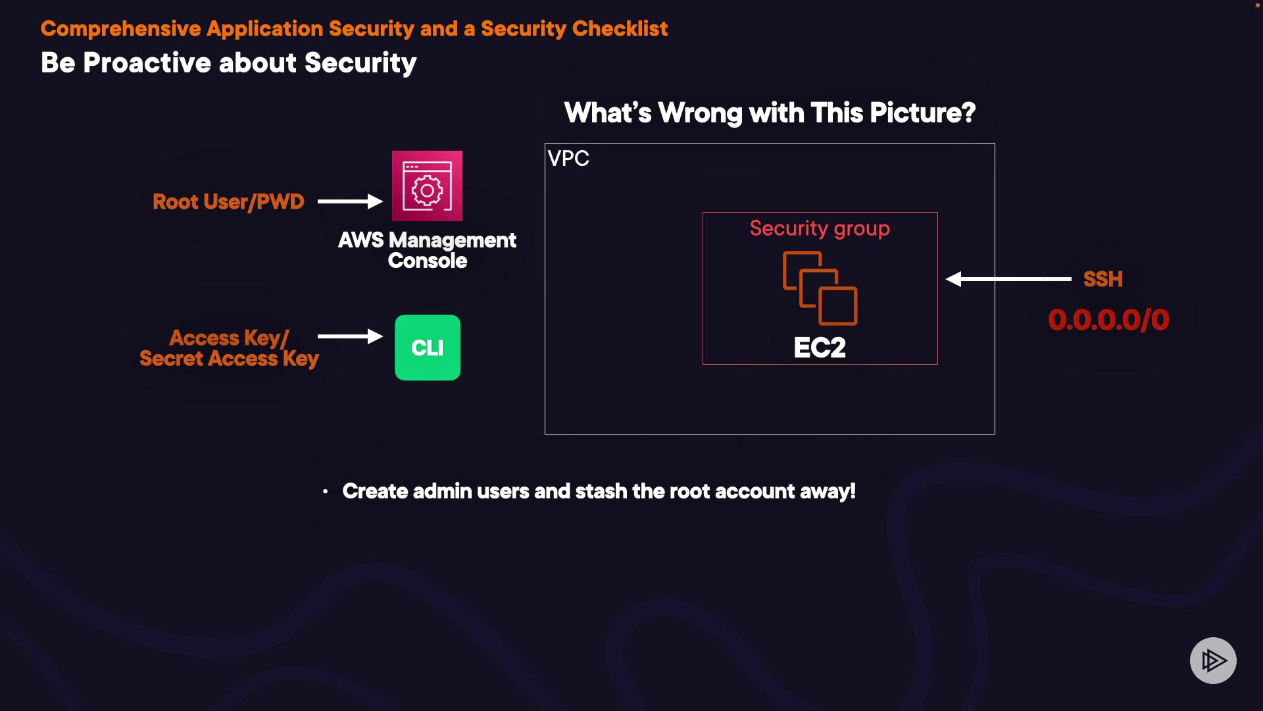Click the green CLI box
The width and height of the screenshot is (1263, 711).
[x=428, y=348]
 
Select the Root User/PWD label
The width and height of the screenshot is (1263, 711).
[x=228, y=201]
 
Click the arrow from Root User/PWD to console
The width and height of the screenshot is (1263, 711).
[x=350, y=201]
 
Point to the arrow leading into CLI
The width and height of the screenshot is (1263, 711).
[x=350, y=336]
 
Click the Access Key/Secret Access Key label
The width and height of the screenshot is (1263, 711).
[x=229, y=348]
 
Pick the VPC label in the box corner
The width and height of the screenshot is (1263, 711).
[x=568, y=159]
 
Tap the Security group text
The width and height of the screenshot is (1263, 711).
[x=820, y=228]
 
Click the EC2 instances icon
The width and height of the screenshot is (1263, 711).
[x=820, y=288]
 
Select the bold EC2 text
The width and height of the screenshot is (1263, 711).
[x=820, y=348]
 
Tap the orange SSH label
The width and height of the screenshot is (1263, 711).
[x=1103, y=279]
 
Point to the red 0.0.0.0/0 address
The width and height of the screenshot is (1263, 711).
[x=1108, y=320]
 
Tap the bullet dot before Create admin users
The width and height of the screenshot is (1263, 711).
[x=325, y=492]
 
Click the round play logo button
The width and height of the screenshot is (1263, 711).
[x=1213, y=660]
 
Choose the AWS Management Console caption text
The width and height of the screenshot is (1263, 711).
[x=427, y=250]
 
